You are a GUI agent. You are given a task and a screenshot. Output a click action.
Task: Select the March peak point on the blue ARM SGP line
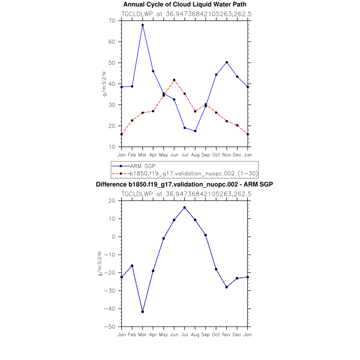point(142,25)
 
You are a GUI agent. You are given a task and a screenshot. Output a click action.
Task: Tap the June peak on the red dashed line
point(174,80)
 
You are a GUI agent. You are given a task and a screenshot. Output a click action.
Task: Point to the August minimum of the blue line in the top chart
point(195,131)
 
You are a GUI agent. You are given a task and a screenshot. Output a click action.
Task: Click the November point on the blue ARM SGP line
point(227,62)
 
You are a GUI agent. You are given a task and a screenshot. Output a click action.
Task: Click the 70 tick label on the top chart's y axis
point(112,21)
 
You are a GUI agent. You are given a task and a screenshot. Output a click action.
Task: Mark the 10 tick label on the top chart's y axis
point(112,147)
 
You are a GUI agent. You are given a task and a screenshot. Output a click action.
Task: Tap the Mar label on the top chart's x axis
point(142,154)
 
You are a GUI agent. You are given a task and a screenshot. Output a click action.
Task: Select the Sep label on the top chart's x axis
point(206,154)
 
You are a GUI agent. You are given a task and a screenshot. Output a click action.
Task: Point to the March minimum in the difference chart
point(142,312)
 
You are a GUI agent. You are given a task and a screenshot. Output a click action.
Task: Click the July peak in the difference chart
point(185,207)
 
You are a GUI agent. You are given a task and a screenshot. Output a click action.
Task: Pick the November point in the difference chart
point(227,287)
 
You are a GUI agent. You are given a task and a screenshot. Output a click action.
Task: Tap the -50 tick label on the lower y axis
point(110,327)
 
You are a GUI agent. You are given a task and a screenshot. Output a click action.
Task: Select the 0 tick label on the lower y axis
point(113,237)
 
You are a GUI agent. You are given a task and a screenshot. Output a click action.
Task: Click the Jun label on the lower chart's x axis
point(174,334)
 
